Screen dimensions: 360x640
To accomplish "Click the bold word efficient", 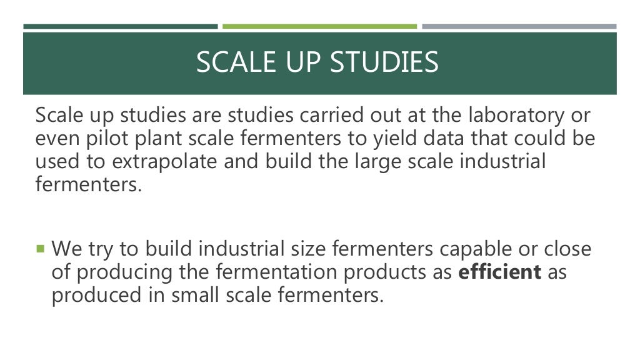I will click(500, 272).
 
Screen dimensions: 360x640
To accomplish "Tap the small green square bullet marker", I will click(41, 249).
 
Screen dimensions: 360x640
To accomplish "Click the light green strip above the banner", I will click(319, 26).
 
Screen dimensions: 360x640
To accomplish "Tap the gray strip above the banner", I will click(519, 26).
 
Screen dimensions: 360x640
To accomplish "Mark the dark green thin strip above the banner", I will click(121, 26).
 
